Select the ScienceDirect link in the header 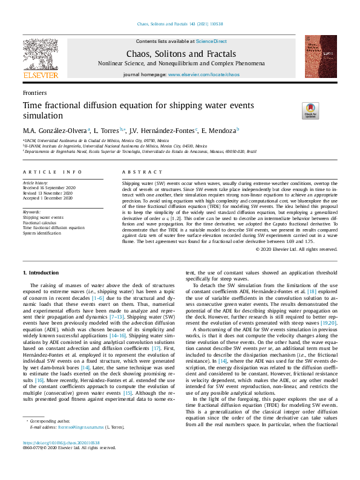(211, 41)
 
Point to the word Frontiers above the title (34, 94)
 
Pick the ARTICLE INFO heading (52, 172)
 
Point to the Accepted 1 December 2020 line (48, 198)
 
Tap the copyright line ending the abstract (304, 248)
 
